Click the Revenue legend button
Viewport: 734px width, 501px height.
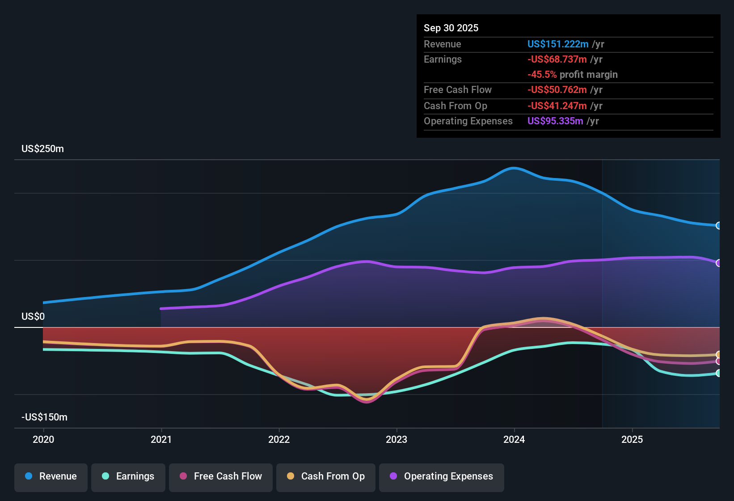[x=51, y=476]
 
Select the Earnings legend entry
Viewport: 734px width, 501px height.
[x=128, y=476]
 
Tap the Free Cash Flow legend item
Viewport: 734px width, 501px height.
[x=221, y=476]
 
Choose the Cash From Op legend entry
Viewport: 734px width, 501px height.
[x=326, y=476]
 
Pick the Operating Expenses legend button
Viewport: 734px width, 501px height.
[x=442, y=476]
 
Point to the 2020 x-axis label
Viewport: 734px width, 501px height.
[x=43, y=440]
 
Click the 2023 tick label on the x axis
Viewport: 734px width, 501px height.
[x=397, y=440]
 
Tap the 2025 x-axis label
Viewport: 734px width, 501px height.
[x=632, y=440]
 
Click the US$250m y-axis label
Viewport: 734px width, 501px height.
[x=42, y=149]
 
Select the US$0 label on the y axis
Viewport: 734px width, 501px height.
[x=33, y=317]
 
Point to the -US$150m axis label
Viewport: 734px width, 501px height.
[x=44, y=417]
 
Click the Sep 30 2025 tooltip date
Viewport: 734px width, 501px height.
[x=451, y=28]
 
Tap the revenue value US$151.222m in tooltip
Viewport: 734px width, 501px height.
[x=557, y=44]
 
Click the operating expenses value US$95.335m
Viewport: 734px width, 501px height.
[x=555, y=121]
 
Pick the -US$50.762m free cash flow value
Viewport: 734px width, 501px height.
[x=557, y=90]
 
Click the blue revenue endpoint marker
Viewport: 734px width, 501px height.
[x=718, y=225]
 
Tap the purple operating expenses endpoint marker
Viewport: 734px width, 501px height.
[x=718, y=263]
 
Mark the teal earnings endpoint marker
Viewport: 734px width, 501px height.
[x=718, y=373]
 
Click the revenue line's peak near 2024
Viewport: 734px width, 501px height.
[x=514, y=168]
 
